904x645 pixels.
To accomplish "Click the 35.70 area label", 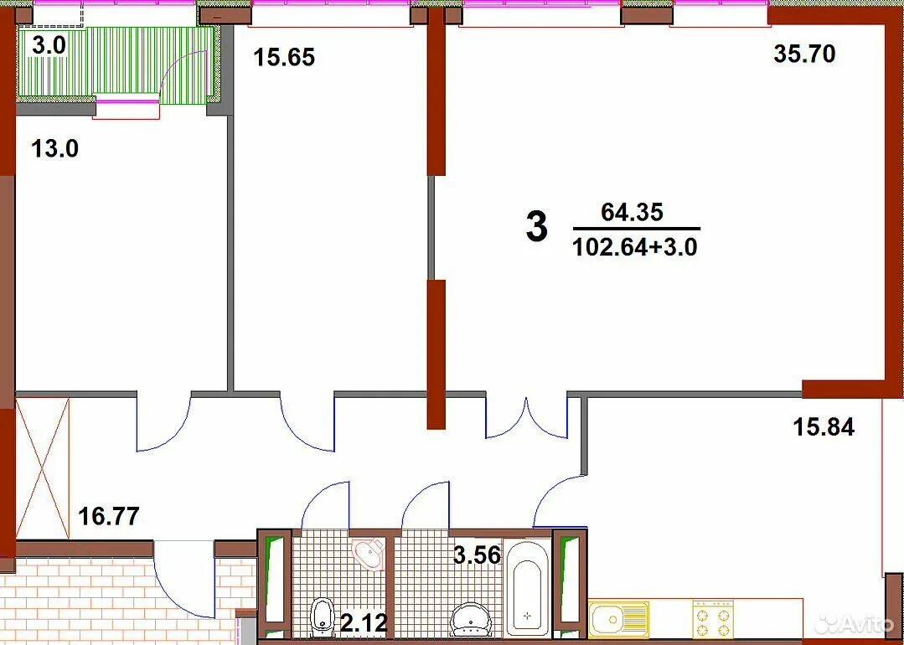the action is [x=804, y=54].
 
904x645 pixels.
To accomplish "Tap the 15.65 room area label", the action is [x=285, y=58].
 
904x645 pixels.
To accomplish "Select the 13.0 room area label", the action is [x=54, y=149].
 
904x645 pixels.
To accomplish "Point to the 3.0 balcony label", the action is [x=49, y=45].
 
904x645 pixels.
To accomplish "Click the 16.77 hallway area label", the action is [x=108, y=516].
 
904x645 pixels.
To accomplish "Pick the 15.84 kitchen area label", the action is [x=824, y=428].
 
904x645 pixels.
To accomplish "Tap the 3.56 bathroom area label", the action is [x=476, y=555].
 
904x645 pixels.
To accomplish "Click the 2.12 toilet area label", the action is [x=364, y=622].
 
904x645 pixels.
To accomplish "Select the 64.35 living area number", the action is [x=633, y=212].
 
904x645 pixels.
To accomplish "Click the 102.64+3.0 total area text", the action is [x=635, y=247].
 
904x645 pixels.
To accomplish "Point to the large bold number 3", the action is [x=537, y=227].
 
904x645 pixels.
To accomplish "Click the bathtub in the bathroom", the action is [x=527, y=587].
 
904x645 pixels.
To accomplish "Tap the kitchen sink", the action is [x=619, y=619].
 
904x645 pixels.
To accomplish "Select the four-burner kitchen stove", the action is [x=713, y=618].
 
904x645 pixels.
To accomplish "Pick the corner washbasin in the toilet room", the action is [x=368, y=553].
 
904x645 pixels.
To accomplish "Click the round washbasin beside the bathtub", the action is [x=471, y=619].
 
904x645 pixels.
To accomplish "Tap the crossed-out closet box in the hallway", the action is [x=43, y=468].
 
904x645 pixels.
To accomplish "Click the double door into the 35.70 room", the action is [x=526, y=417].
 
